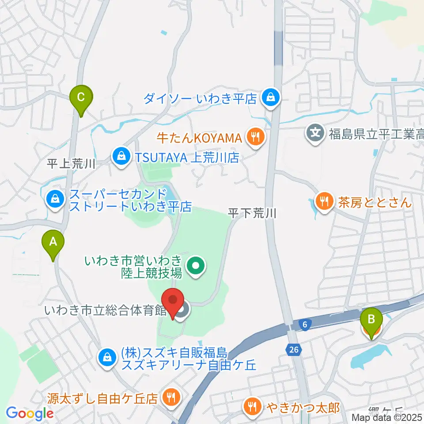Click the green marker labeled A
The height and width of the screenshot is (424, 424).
coord(53,242)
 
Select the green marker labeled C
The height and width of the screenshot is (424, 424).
coord(81,97)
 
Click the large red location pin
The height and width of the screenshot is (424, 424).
coord(173,300)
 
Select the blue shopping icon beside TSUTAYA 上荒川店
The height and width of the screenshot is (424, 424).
coord(120,157)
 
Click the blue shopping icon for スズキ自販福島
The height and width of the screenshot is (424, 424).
coord(106,356)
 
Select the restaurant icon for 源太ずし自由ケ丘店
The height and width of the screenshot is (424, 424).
coord(170,397)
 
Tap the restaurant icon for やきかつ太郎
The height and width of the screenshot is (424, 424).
coord(252,406)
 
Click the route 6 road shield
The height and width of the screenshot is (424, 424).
coord(305,325)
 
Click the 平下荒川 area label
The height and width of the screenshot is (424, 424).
coord(252,214)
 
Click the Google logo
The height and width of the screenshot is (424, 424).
coord(30,413)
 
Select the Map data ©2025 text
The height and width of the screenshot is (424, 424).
coord(387,417)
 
